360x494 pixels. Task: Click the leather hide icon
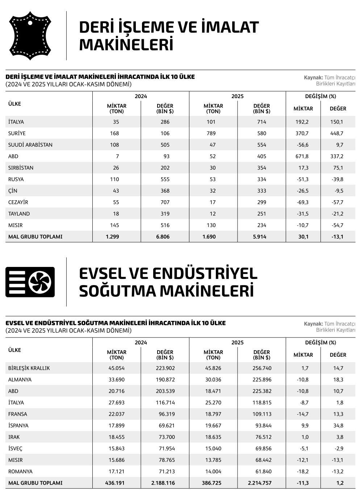(x=30, y=35)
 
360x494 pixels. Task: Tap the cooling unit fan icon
(x=30, y=282)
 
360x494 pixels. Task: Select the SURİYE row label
(x=17, y=133)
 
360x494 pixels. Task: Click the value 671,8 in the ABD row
(x=302, y=156)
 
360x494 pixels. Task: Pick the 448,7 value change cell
(x=336, y=133)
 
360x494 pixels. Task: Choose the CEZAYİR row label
(x=18, y=202)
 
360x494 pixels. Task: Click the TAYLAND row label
(x=19, y=214)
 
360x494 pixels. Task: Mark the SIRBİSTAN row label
(x=21, y=168)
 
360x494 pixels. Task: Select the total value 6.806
(x=163, y=236)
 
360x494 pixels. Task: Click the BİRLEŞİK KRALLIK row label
(x=29, y=368)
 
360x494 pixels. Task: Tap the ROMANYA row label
(x=20, y=472)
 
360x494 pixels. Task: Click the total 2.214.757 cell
(x=259, y=483)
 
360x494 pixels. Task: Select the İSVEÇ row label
(x=15, y=448)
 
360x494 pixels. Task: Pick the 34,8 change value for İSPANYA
(x=338, y=426)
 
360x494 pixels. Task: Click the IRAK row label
(x=14, y=437)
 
